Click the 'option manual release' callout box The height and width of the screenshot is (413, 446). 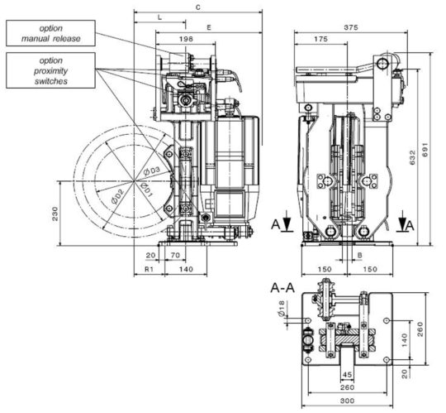point(50,33)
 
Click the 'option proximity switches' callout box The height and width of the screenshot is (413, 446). point(50,70)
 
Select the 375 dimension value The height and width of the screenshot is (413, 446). point(351,27)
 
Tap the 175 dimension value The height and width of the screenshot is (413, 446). point(320,39)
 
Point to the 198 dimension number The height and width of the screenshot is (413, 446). point(186,39)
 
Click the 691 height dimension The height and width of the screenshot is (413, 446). point(425,149)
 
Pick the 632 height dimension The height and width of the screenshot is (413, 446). point(412,157)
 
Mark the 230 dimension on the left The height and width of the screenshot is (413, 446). point(55,214)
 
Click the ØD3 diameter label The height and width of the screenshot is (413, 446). point(152,171)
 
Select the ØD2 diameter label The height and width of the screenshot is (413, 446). point(118,197)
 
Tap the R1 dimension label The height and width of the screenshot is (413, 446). point(149,269)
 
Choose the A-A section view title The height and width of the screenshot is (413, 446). point(282,288)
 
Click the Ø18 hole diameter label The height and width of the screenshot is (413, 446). point(281,309)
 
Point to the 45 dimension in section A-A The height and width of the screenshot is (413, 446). point(347,375)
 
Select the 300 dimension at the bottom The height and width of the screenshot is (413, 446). point(347,401)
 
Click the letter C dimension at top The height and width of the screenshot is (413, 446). point(198,7)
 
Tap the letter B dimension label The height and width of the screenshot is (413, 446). point(359,255)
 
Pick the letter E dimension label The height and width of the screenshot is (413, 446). point(209,27)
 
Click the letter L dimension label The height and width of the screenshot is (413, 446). point(160,17)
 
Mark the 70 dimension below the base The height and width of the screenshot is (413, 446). point(175,255)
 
